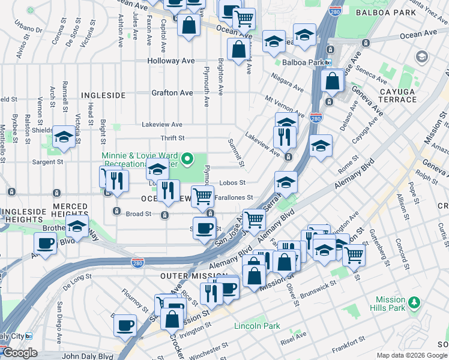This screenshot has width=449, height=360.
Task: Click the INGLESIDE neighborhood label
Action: [x=103, y=95]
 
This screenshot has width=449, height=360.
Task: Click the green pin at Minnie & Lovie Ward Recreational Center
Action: [x=187, y=159]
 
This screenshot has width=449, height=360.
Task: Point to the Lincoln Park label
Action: [x=257, y=326]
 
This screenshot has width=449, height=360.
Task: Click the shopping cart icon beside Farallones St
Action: [x=203, y=195]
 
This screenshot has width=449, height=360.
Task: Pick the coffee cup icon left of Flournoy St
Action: [x=125, y=325]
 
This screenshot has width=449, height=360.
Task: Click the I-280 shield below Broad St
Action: [x=137, y=262]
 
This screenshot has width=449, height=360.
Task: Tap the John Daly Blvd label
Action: [x=88, y=356]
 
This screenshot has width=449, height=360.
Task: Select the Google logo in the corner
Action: [x=19, y=353]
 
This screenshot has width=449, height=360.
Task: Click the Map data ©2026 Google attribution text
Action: [x=411, y=355]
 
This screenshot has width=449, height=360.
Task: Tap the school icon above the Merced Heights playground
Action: [x=76, y=227]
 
